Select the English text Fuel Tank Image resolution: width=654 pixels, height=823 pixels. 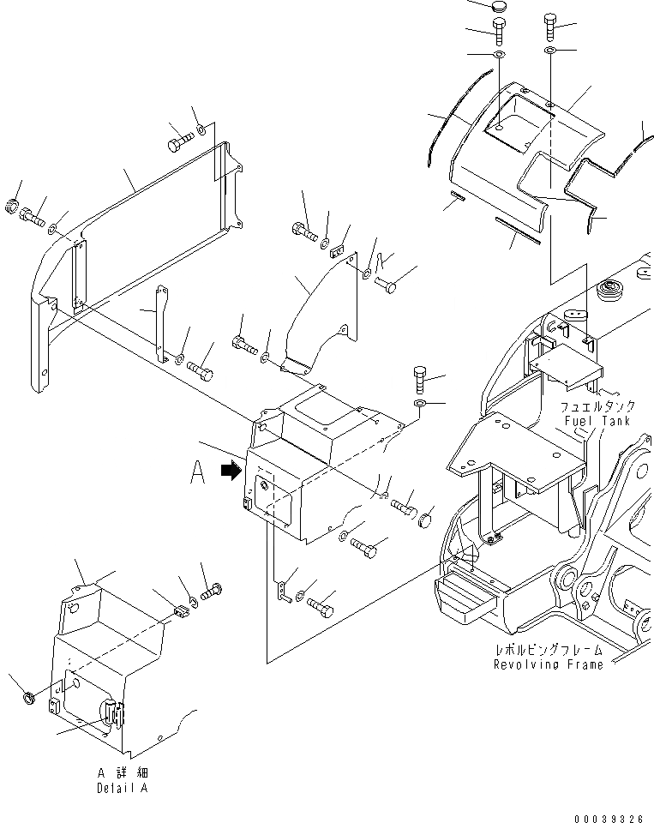pyautogui.click(x=597, y=421)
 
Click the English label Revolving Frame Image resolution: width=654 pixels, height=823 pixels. pyautogui.click(x=548, y=664)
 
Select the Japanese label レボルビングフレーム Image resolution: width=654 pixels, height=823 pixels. pyautogui.click(x=549, y=651)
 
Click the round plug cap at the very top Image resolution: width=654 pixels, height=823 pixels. pyautogui.click(x=498, y=7)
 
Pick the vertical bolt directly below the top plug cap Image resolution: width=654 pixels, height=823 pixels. pyautogui.click(x=499, y=35)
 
